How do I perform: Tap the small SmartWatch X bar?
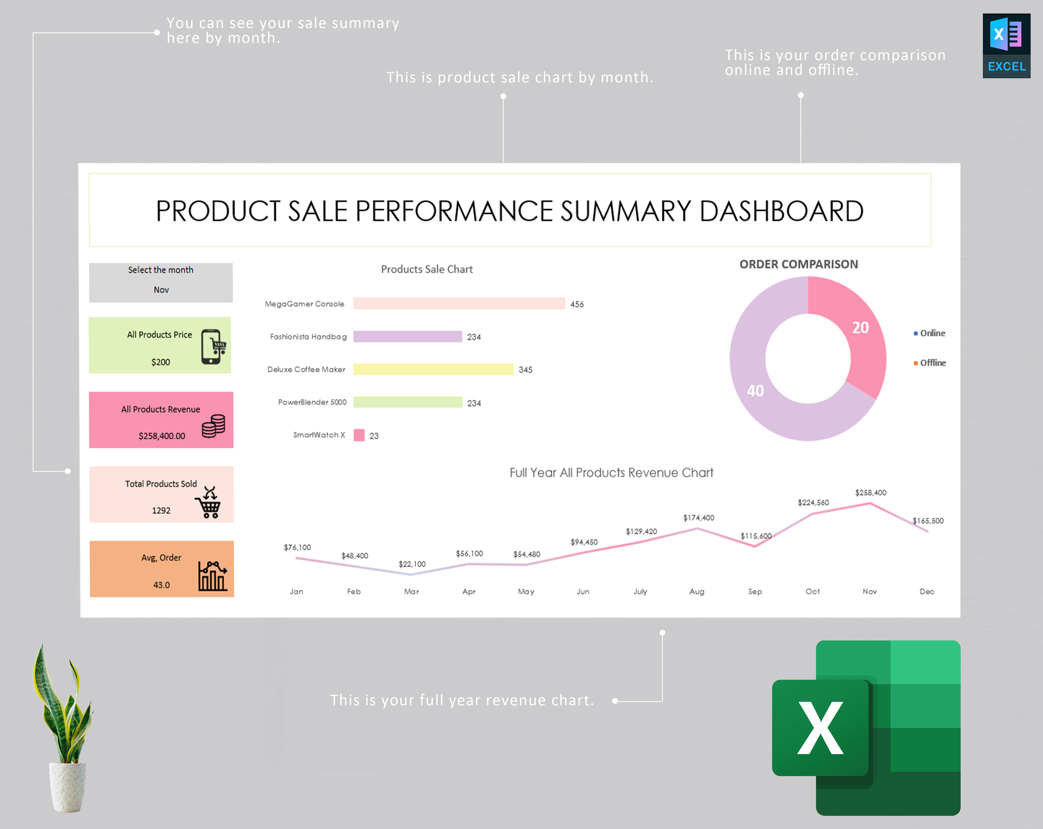coord(359,435)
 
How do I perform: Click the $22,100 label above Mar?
coord(412,564)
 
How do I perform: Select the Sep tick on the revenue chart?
coord(755,591)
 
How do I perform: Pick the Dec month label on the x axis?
coord(926,591)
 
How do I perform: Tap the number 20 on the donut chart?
coord(860,328)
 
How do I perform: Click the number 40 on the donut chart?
coord(755,391)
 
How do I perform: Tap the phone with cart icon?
coord(213,346)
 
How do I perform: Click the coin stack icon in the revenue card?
coord(213,426)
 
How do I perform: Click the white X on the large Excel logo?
coord(820,728)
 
